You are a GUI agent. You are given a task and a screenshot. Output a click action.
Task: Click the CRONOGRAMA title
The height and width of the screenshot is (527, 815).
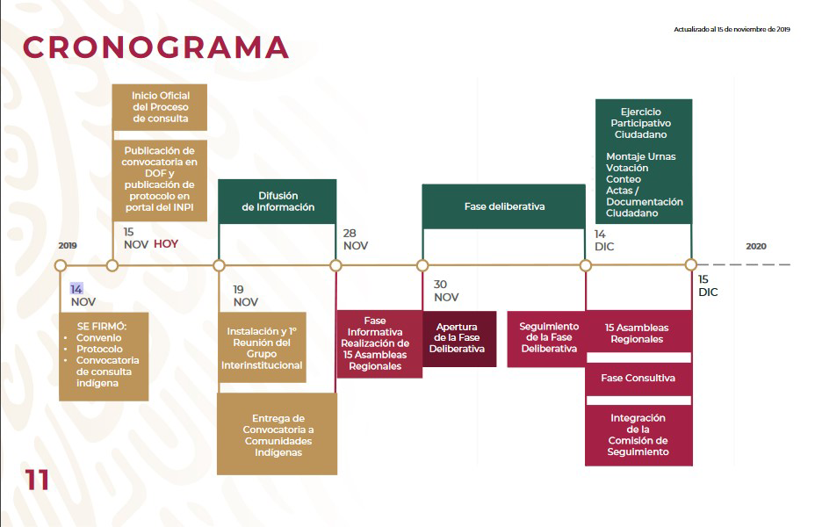click(155, 47)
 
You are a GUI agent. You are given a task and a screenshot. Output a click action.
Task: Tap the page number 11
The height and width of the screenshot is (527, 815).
click(37, 480)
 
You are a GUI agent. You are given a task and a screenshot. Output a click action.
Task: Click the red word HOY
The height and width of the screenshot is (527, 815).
click(166, 244)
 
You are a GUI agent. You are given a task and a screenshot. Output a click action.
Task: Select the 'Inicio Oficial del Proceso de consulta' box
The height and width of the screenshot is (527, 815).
click(160, 107)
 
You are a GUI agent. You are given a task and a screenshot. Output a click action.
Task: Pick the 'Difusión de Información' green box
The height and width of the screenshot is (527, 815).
click(277, 202)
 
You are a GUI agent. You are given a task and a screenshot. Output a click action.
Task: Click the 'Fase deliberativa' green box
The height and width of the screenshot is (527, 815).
click(503, 206)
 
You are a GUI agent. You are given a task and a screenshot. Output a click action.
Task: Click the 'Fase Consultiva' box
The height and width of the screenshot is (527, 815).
click(638, 379)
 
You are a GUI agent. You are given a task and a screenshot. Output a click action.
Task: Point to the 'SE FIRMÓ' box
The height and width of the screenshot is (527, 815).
click(104, 357)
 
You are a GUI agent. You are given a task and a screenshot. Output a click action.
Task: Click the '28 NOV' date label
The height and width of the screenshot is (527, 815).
click(356, 240)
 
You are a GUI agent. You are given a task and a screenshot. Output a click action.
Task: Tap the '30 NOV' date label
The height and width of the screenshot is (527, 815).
click(446, 291)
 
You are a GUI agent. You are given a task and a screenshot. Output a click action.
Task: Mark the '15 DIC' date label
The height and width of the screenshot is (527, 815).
click(708, 285)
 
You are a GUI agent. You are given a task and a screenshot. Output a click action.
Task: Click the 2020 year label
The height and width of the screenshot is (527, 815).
click(756, 246)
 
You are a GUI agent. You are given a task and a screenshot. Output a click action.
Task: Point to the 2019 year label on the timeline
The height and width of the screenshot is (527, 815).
click(68, 245)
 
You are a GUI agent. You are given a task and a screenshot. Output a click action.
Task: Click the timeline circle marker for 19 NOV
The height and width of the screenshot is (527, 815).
click(219, 265)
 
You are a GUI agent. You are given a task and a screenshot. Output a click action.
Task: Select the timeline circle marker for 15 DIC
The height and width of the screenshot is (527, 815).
click(691, 265)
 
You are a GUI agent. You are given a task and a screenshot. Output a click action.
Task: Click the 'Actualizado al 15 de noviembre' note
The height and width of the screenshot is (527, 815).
click(732, 30)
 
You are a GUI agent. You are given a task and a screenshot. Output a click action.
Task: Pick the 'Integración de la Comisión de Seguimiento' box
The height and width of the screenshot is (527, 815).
click(638, 435)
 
